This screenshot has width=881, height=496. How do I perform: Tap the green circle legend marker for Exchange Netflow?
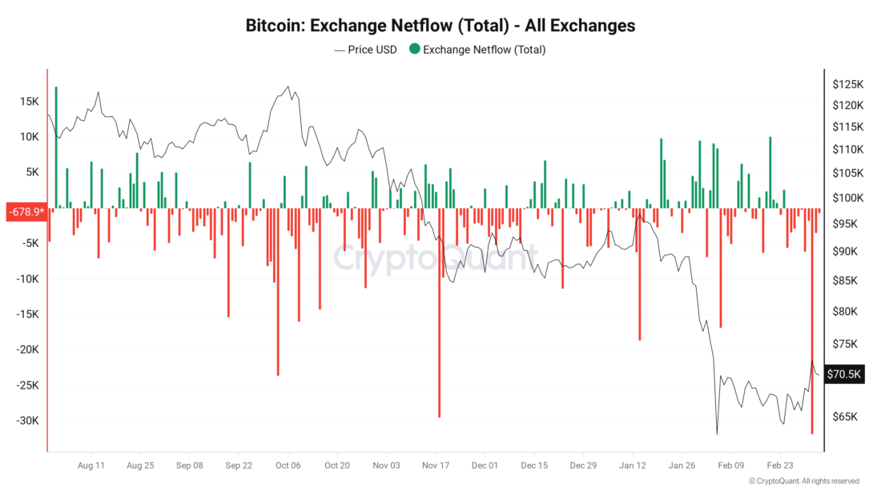(x=414, y=50)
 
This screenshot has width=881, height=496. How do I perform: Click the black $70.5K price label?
(x=845, y=374)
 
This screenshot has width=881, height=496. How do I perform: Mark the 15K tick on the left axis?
(x=30, y=102)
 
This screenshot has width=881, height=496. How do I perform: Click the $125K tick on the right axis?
(x=847, y=84)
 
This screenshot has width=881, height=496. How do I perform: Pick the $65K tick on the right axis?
(x=845, y=417)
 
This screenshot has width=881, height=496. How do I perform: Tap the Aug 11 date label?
(x=92, y=465)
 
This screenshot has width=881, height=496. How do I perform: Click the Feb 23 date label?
(x=782, y=465)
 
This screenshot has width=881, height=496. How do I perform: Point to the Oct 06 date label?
(x=288, y=465)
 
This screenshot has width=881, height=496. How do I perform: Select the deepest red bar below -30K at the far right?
(x=812, y=321)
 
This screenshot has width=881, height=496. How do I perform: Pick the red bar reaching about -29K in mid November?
(x=439, y=313)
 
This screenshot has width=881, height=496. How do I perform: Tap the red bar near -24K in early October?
(x=278, y=292)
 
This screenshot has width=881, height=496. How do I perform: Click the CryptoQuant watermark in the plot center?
(x=435, y=260)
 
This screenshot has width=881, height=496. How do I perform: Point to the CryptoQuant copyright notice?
(x=804, y=481)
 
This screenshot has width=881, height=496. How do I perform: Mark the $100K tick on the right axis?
(x=847, y=198)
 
